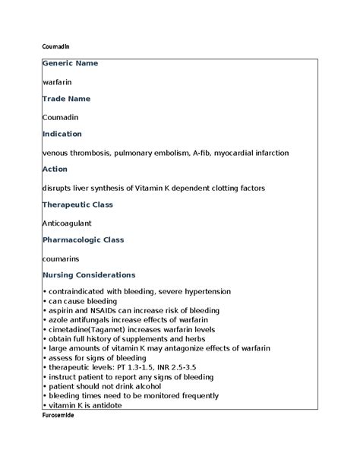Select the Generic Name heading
[71, 63]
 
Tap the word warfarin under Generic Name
[58, 81]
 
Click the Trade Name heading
[66, 99]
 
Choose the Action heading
[55, 169]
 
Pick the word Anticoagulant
[68, 223]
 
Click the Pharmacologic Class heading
[84, 239]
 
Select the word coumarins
[62, 258]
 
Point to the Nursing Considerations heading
[89, 274]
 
